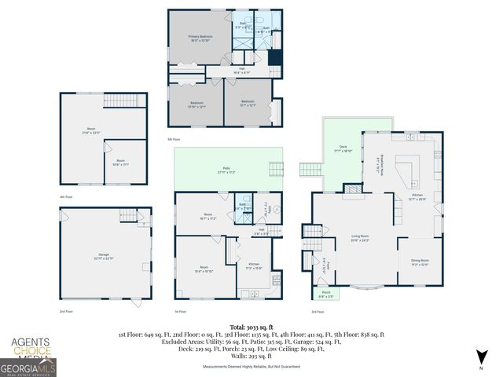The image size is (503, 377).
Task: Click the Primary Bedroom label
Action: coord(200,38)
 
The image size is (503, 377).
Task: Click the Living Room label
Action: coord(361,239)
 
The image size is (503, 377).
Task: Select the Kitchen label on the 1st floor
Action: coord(254,266)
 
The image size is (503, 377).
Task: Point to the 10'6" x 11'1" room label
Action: coord(120,162)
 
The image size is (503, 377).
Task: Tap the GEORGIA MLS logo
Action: coord(28,367)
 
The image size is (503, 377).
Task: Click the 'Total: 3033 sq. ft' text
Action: coord(251,326)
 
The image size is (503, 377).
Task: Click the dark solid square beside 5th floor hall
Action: coord(274,59)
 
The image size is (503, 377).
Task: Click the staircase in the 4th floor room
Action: coord(122,101)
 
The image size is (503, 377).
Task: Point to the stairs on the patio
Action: coord(275,170)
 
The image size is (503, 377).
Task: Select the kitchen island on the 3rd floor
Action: coord(407,171)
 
